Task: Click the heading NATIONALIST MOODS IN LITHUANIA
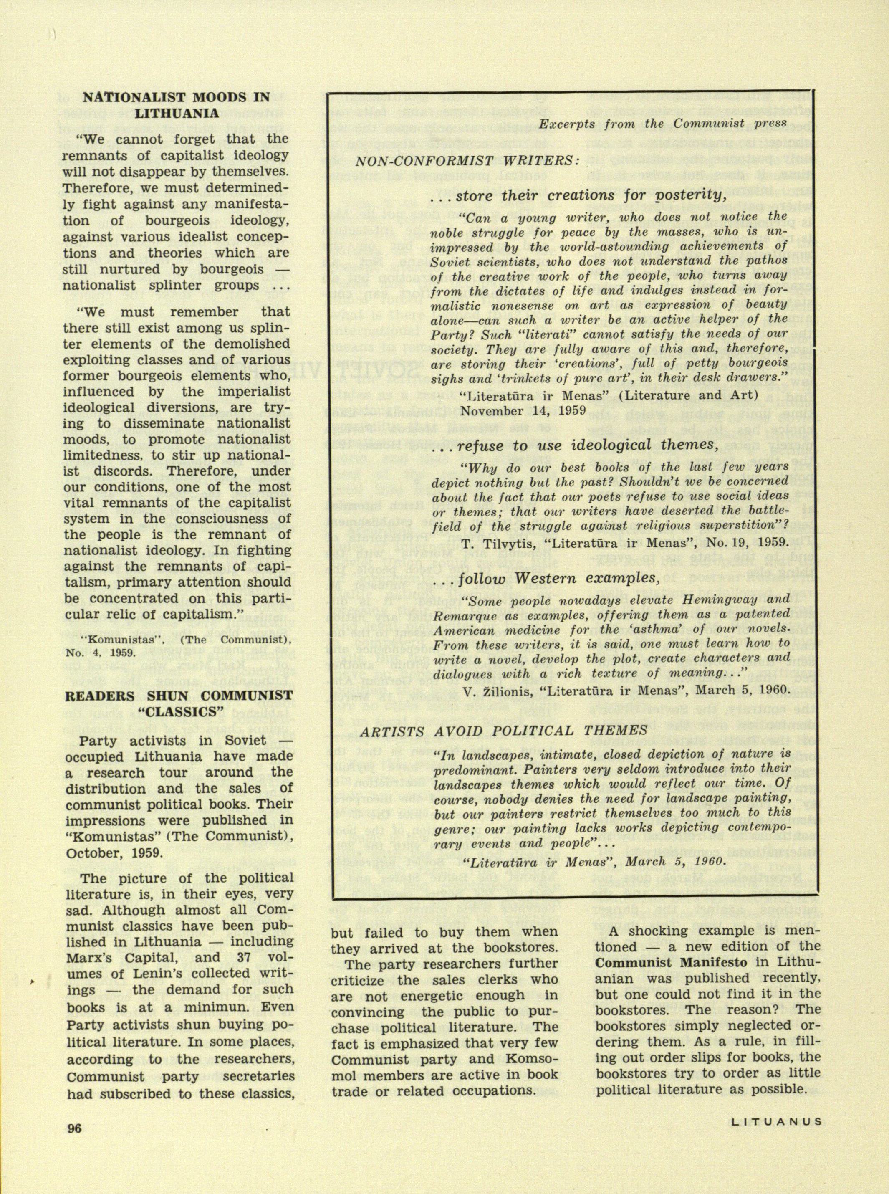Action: pos(176,106)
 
